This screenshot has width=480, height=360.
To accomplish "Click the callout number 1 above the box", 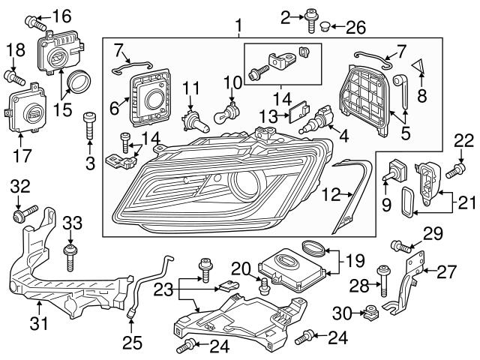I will pos(239,27).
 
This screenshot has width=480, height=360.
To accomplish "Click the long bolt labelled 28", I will pos(383,282).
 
